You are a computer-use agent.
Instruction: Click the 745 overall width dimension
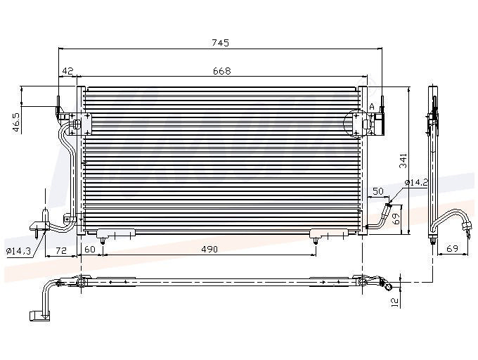pos(220,43)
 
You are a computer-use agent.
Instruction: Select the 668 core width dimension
pos(222,71)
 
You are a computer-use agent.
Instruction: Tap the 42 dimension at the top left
pos(67,71)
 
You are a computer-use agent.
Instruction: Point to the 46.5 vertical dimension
pos(16,123)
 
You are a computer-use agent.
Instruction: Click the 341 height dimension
pos(403,160)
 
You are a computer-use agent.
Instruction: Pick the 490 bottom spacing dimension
pos(209,249)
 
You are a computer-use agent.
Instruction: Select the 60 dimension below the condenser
pos(90,249)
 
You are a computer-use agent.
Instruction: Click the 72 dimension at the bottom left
pos(61,250)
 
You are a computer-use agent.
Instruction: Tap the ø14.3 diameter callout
pos(18,251)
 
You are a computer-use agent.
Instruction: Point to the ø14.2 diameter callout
pos(416,183)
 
